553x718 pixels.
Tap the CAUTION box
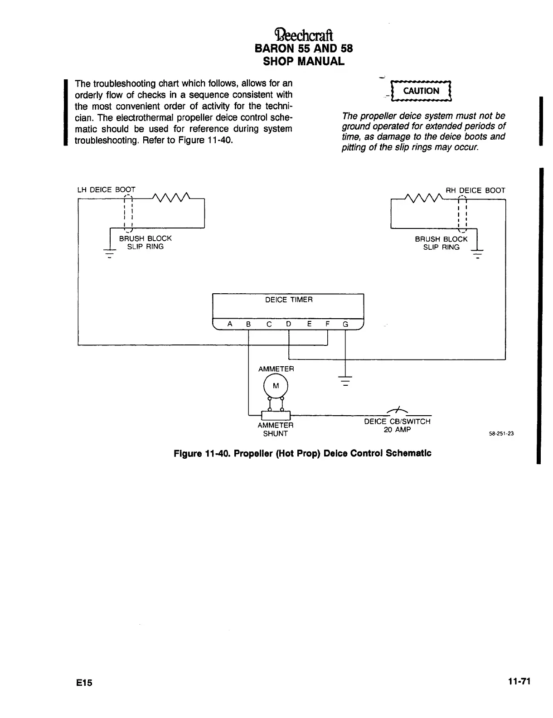[421, 91]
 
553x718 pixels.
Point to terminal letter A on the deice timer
[230, 324]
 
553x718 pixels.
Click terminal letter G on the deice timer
[345, 324]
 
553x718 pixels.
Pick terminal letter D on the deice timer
[289, 324]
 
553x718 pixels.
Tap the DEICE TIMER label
[289, 300]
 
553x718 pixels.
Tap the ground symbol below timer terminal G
[345, 381]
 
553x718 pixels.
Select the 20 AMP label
[397, 430]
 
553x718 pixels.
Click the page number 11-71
[519, 681]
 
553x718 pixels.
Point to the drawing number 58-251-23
[501, 433]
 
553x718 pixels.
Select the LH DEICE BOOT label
[106, 190]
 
